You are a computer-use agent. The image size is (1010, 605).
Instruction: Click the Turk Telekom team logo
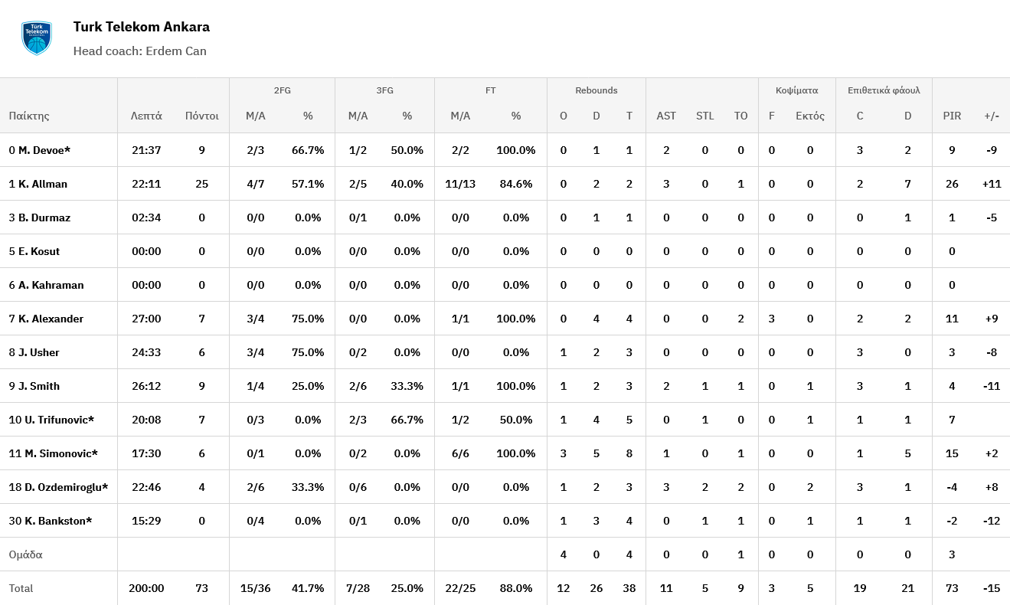click(36, 38)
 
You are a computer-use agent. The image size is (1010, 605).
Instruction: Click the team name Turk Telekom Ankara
click(141, 27)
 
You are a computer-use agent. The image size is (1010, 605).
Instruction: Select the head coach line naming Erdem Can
click(139, 51)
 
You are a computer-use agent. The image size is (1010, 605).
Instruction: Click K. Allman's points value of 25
click(201, 184)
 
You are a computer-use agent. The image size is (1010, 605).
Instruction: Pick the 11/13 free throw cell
click(460, 184)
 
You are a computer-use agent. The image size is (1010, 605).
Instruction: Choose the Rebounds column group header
click(596, 90)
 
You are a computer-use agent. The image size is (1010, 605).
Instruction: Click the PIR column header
click(952, 116)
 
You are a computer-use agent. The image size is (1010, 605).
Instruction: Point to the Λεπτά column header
click(146, 116)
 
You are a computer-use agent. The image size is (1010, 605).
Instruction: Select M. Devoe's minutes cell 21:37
click(146, 150)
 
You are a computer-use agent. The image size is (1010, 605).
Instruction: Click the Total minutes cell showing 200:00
click(146, 588)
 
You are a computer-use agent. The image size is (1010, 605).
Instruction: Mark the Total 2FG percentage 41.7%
click(308, 588)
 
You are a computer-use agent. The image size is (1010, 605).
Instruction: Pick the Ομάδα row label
click(25, 554)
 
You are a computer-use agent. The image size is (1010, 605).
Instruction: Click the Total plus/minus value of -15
click(992, 588)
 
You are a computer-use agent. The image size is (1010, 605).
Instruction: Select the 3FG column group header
click(384, 90)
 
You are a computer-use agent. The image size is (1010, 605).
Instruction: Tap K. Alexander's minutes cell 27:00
click(146, 319)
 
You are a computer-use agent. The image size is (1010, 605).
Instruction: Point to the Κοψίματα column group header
click(796, 90)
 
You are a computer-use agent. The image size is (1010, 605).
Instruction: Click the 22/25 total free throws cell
click(460, 588)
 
